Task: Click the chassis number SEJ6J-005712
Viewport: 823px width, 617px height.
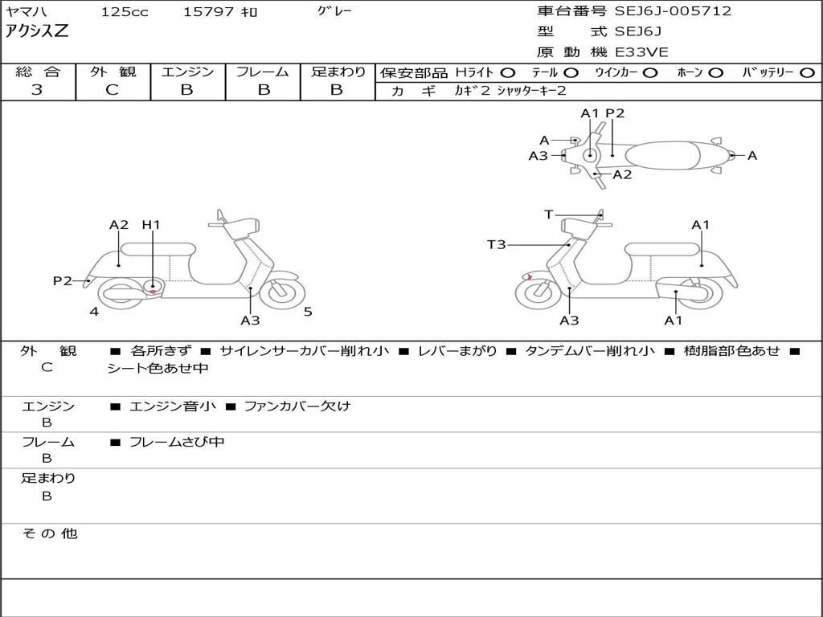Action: click(673, 11)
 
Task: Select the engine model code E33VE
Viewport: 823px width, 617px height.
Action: click(641, 52)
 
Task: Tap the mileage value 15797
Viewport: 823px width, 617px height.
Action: click(208, 12)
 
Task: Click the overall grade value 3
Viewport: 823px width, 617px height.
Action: click(37, 90)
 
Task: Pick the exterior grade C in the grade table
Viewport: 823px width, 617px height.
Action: click(113, 90)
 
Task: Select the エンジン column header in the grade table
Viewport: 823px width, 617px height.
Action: click(188, 72)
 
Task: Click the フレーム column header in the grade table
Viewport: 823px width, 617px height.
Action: click(263, 72)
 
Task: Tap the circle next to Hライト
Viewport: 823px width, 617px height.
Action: click(508, 73)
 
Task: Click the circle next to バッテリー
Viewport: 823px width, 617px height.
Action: click(808, 73)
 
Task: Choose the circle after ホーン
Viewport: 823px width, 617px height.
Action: click(716, 73)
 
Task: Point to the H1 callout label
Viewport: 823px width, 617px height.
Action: click(151, 225)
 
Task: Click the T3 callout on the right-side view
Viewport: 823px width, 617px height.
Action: click(497, 244)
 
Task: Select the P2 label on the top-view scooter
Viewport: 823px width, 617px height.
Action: click(615, 113)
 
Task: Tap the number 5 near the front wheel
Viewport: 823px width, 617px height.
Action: click(308, 312)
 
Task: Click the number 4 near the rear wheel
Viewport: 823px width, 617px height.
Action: click(94, 312)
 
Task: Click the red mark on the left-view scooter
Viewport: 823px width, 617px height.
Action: click(153, 292)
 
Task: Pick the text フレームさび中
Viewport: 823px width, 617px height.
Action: click(177, 442)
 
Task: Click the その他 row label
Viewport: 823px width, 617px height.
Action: click(49, 533)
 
